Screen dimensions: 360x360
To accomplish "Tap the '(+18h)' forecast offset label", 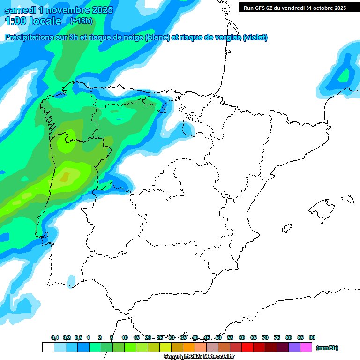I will pos(81,21).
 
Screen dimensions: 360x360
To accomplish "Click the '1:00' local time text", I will pos(15,21).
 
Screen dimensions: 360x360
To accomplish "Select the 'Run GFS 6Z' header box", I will pos(294,7).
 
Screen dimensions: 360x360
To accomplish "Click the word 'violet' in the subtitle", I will pos(255,37).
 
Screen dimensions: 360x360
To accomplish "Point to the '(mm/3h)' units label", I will pos(327,348).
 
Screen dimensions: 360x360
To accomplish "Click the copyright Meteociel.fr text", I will pos(199,357).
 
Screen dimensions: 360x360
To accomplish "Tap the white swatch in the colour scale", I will pos(48,347).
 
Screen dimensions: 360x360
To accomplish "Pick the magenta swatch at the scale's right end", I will pos(306,347).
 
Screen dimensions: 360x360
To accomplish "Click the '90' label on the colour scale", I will pos(312,338).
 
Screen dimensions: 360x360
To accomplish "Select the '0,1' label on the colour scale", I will pos(55,338).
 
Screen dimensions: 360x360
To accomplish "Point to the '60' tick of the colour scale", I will pos(242,338).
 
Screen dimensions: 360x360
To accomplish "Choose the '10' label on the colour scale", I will pos(125,338).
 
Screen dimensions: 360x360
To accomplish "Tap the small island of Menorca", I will pos(347,199).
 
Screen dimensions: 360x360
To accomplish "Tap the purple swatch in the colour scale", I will pos(294,347).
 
